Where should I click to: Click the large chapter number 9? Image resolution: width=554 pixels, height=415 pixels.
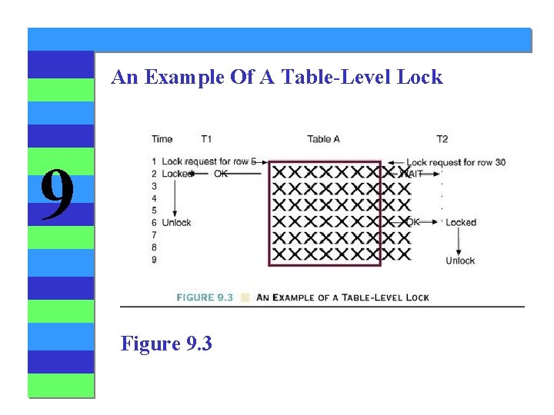click(57, 194)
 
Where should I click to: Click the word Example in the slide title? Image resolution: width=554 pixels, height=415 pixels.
click(175, 77)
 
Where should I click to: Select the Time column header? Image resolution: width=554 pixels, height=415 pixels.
click(162, 139)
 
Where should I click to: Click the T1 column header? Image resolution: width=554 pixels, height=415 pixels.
click(206, 139)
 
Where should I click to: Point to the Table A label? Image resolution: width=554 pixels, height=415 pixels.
click(324, 139)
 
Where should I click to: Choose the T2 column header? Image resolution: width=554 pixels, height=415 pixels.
click(442, 139)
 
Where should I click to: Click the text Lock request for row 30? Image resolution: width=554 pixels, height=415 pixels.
click(456, 162)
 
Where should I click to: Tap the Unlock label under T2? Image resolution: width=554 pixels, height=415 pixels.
click(460, 261)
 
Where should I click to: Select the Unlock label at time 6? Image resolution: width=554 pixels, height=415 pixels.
click(176, 223)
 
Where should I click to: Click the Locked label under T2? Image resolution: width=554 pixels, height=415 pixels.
click(461, 223)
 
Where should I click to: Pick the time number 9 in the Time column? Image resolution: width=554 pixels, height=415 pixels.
click(155, 260)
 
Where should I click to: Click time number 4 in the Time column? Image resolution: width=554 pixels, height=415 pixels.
click(155, 198)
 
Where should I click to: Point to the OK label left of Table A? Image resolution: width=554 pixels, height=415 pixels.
click(221, 174)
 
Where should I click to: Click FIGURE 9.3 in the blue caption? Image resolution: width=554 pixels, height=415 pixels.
click(205, 297)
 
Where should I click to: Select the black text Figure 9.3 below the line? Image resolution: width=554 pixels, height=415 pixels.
click(166, 343)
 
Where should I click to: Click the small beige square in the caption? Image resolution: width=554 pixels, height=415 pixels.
click(245, 297)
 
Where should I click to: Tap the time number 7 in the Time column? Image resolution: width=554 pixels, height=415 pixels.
click(155, 235)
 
